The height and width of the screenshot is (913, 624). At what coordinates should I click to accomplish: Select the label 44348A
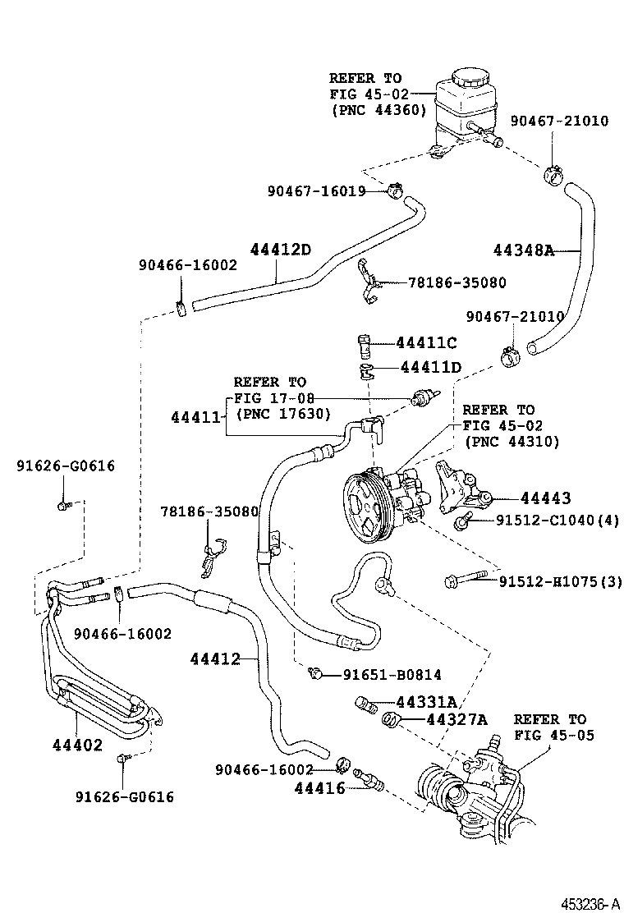tap(524, 250)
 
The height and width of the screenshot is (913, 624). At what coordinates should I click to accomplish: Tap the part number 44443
tap(545, 498)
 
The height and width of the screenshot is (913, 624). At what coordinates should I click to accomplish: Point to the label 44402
tap(77, 745)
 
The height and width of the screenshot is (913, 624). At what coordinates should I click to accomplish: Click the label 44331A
tap(425, 702)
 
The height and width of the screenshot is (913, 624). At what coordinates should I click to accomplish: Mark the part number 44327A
tap(456, 720)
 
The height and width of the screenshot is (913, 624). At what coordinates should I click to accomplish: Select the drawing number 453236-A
tap(590, 903)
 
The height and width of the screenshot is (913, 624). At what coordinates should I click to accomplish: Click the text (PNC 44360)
tap(378, 109)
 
